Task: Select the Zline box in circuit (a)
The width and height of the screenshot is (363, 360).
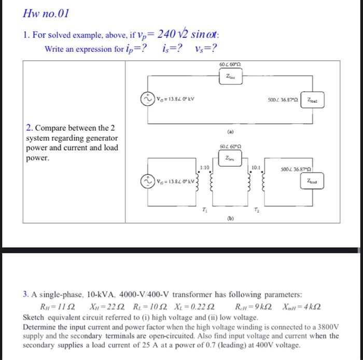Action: (230, 77)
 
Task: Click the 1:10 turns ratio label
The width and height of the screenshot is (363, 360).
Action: (204, 166)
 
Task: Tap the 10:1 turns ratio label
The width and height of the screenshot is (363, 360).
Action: (255, 167)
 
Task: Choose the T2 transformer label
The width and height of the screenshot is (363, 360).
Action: (256, 209)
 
